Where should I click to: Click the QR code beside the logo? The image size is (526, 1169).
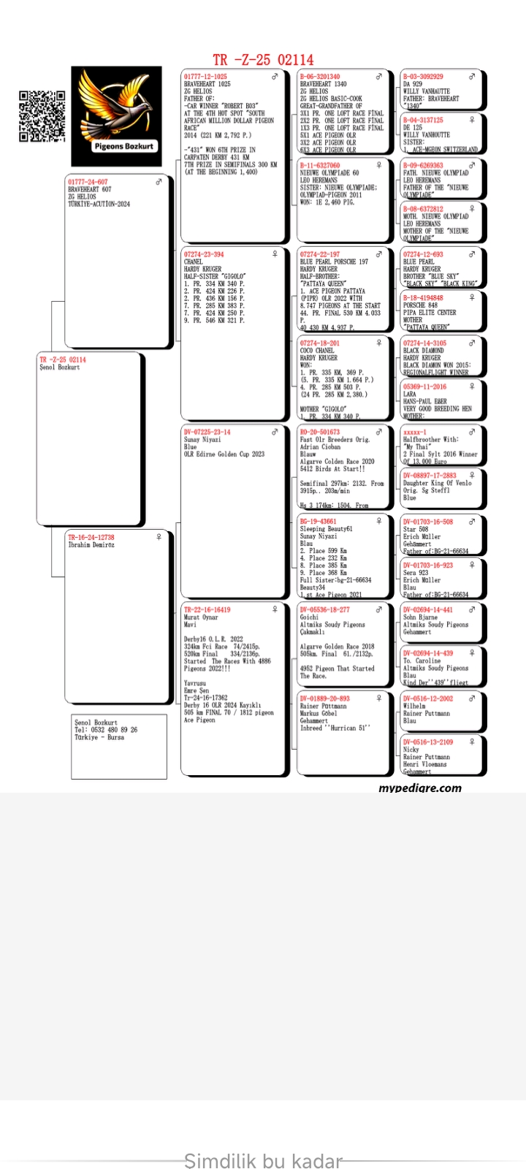pos(42,115)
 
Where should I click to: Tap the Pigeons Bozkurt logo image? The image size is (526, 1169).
pos(116,116)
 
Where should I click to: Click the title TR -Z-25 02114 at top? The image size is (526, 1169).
pos(263,60)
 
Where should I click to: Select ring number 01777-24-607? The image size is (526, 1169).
pos(88,182)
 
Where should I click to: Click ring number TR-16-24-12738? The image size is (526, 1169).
pos(91,538)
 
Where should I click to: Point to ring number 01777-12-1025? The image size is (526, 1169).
pos(205,77)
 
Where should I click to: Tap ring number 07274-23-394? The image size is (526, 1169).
pos(204,255)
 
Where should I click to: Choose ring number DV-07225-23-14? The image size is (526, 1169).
pos(207,433)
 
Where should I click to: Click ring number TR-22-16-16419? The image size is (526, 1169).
pos(207,610)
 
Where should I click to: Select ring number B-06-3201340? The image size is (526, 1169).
pos(319,77)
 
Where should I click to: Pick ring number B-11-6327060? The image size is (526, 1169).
pos(319,166)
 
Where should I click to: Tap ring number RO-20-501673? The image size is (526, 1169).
pos(319,433)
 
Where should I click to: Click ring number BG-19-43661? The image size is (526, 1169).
pos(318,522)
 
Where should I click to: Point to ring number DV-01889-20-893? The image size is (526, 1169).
pos(324,699)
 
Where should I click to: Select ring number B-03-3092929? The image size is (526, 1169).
pos(423,77)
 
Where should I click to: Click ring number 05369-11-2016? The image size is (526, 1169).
pos(424,387)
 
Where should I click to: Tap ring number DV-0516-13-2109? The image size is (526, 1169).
pos(427,742)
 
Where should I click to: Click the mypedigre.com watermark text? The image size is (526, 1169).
pos(420,788)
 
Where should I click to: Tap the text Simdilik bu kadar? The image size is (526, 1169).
pos(263,1161)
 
